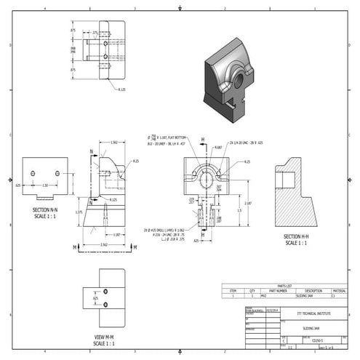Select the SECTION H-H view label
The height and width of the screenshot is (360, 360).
click(297, 237)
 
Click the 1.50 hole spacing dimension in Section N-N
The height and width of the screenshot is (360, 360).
click(45, 185)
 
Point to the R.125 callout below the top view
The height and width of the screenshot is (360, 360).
click(121, 90)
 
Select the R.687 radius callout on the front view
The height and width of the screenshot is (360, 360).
click(217, 147)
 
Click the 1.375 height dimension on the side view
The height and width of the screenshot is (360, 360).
click(79, 212)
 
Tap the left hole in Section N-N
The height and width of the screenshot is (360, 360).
click(33, 173)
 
